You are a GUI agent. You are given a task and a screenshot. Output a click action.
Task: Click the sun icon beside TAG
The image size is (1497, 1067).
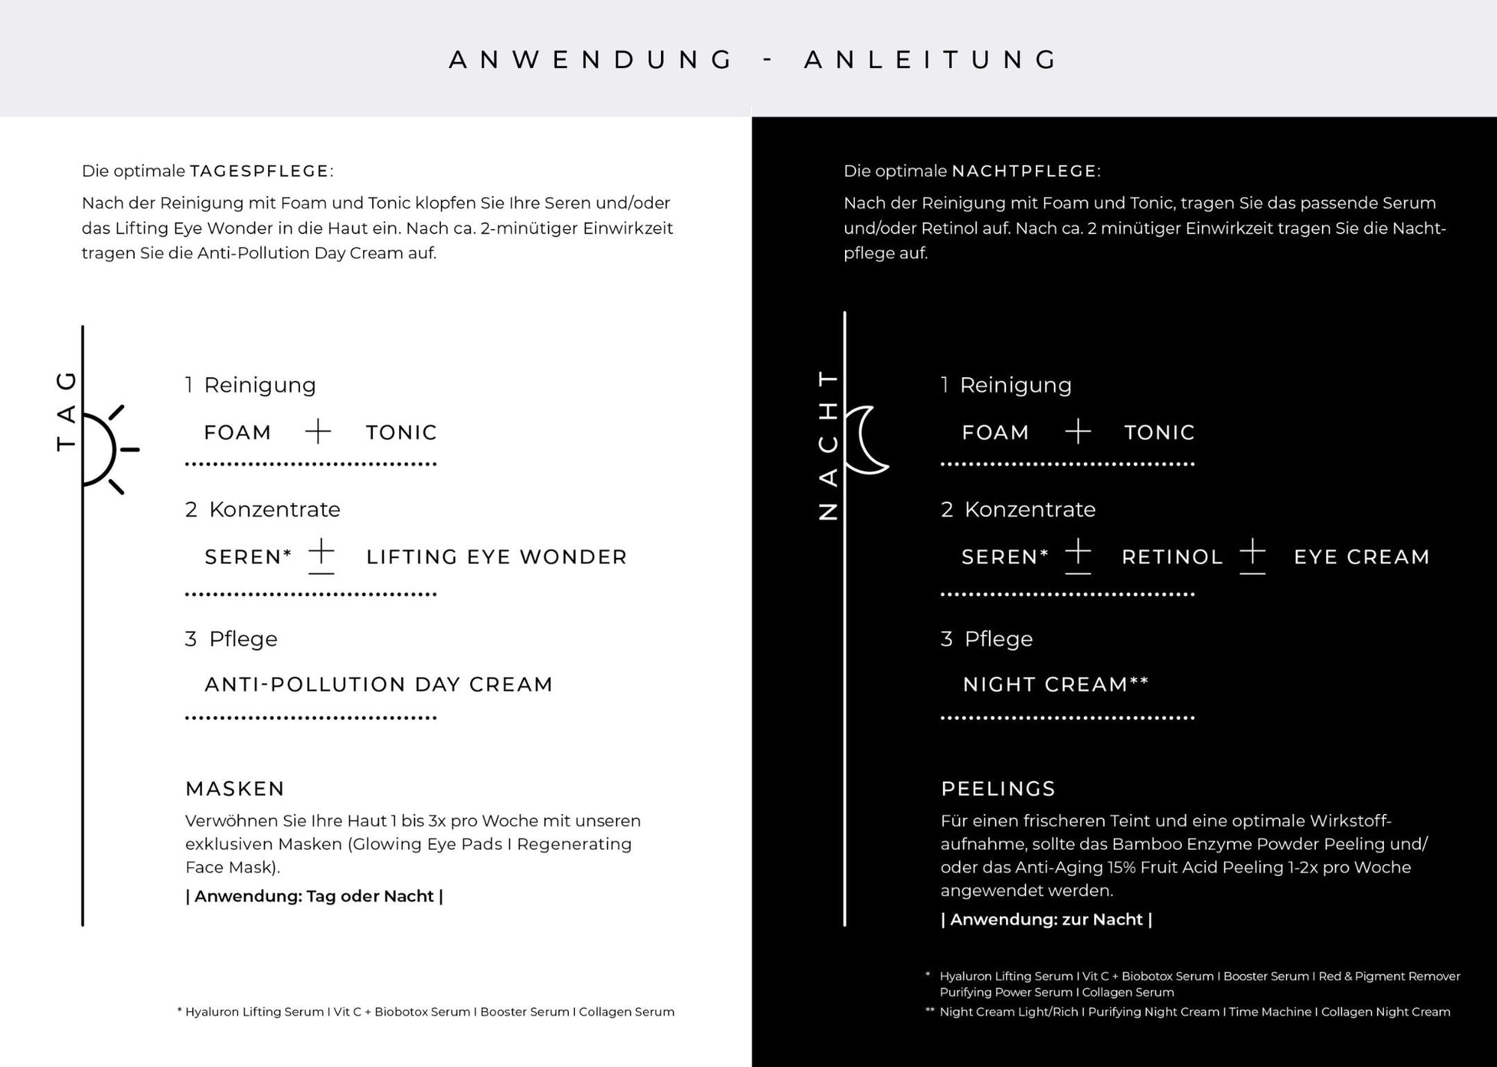105,450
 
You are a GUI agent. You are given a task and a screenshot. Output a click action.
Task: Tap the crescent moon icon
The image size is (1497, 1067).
871,440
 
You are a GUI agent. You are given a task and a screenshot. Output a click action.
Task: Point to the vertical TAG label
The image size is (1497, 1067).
67,411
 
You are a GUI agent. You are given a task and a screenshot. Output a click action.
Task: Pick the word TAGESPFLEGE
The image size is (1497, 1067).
259,171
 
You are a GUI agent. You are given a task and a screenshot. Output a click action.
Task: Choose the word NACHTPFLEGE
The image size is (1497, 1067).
1024,171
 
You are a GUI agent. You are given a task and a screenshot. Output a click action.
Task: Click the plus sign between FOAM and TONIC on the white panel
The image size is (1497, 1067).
318,431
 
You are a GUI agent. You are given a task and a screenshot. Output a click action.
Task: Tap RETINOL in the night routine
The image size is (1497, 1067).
1172,557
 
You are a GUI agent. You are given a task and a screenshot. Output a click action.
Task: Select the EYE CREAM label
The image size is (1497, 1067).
1362,557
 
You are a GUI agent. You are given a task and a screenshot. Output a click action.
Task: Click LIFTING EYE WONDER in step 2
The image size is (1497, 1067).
496,557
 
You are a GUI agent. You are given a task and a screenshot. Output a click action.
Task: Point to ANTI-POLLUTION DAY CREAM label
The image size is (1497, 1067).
379,684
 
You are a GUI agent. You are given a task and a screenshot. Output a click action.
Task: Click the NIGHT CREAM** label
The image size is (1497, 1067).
1055,684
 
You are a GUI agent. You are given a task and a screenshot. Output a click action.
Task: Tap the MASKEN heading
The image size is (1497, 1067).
235,788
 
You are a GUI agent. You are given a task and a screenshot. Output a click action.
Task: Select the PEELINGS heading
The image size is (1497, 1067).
998,788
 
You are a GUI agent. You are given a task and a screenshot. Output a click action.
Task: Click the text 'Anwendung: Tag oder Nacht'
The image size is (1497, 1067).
314,896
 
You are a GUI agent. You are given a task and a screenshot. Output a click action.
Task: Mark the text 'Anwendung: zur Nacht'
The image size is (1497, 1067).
1046,919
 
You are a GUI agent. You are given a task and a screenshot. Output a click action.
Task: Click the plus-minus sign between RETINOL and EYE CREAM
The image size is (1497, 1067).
1252,556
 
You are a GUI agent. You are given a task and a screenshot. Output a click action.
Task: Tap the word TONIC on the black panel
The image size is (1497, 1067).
1159,433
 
